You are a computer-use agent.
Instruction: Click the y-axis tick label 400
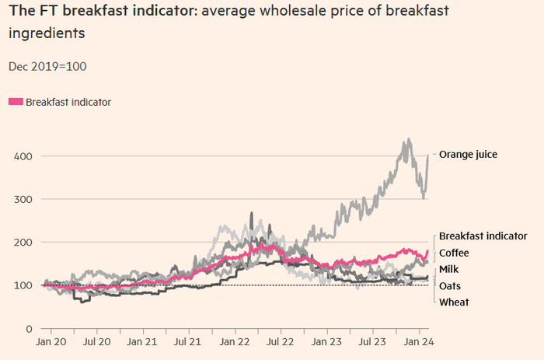point(23,156)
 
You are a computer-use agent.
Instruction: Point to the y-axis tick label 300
point(23,200)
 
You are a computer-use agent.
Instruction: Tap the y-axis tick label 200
point(23,243)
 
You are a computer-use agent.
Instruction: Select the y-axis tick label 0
point(28,329)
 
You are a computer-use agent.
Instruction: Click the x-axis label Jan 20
point(51,341)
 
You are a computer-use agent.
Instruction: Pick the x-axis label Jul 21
point(188,341)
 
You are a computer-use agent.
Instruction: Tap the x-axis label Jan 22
point(234,341)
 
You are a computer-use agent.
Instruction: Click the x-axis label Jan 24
point(417,341)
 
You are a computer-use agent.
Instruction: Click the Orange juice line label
point(468,155)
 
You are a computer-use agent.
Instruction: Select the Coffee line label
point(455,253)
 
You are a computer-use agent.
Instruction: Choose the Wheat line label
point(454,302)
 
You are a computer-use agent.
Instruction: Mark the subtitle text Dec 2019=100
point(47,66)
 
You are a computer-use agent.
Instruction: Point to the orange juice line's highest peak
point(408,141)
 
